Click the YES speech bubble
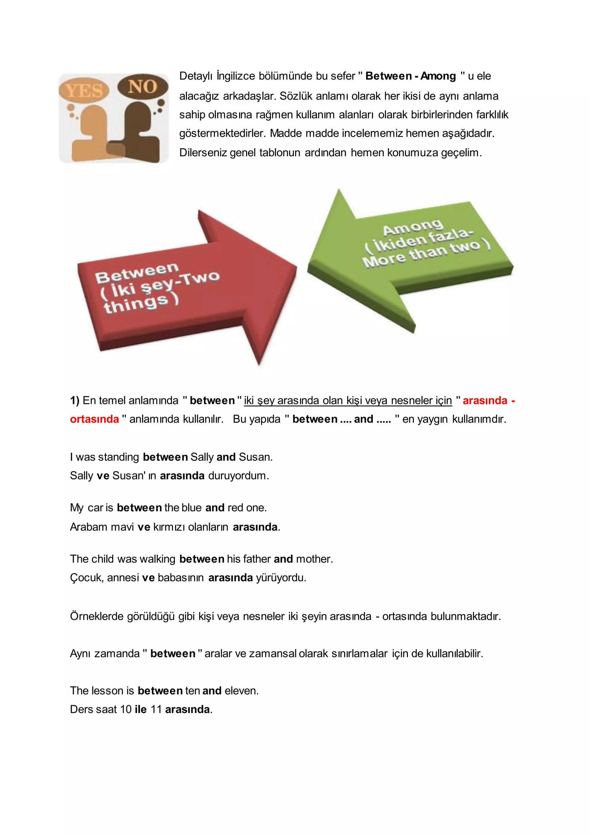click(84, 90)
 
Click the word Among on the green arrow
click(413, 227)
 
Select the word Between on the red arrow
click(137, 273)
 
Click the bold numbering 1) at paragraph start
click(75, 400)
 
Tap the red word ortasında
click(94, 419)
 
